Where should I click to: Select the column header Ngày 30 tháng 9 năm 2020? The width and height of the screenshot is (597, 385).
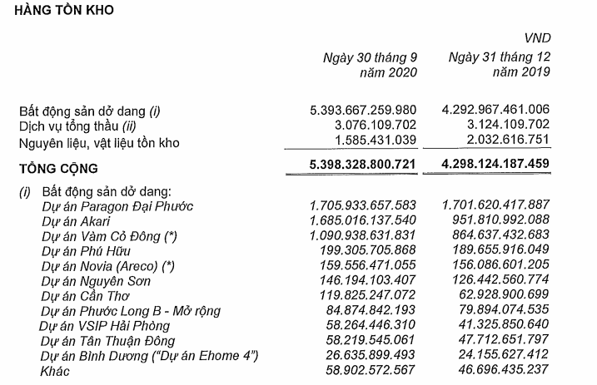click(370, 64)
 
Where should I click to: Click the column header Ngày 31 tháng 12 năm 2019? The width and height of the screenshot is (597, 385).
click(500, 64)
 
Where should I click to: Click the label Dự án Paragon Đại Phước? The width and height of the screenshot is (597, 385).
click(112, 205)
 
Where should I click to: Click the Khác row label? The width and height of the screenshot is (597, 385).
click(56, 371)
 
